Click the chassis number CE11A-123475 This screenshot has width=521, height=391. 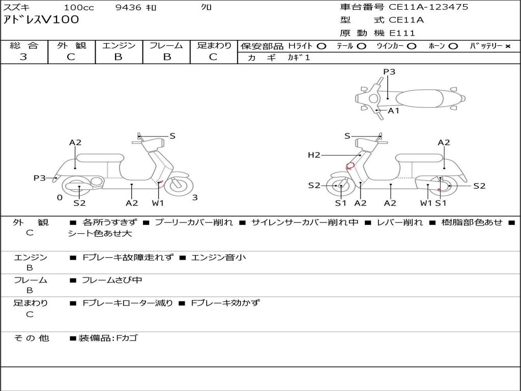click(428, 7)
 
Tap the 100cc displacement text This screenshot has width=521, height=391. click(75, 8)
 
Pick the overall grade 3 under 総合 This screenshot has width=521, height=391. click(23, 57)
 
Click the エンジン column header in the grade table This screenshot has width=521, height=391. click(119, 45)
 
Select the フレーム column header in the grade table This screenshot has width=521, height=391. click(166, 45)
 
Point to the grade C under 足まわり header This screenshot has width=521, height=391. click(213, 57)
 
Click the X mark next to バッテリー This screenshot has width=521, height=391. click(507, 46)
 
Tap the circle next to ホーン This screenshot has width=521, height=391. click(453, 46)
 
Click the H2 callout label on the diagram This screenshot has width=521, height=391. click(314, 155)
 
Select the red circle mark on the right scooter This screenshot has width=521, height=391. click(351, 165)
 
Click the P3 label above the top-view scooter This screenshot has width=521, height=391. click(389, 72)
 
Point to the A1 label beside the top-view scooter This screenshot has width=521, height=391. click(394, 110)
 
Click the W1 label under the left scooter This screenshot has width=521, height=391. click(158, 203)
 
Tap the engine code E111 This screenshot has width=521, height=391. click(402, 33)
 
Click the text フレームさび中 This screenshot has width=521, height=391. click(112, 280)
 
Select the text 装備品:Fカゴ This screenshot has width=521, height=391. click(108, 338)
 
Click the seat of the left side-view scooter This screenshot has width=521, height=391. click(99, 158)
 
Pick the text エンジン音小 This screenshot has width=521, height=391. click(218, 257)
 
